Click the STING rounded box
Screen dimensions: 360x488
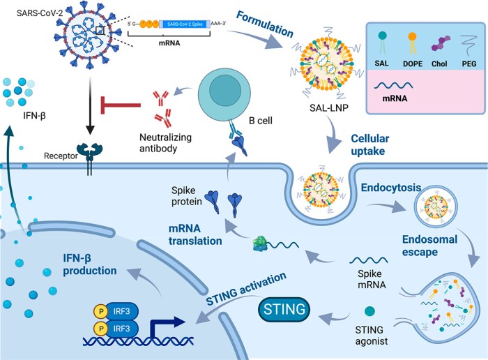pyautogui.click(x=286, y=306)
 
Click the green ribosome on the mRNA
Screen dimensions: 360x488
pyautogui.click(x=262, y=241)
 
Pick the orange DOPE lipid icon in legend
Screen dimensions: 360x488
pyautogui.click(x=413, y=42)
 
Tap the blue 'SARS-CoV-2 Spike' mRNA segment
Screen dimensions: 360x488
pyautogui.click(x=191, y=22)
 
